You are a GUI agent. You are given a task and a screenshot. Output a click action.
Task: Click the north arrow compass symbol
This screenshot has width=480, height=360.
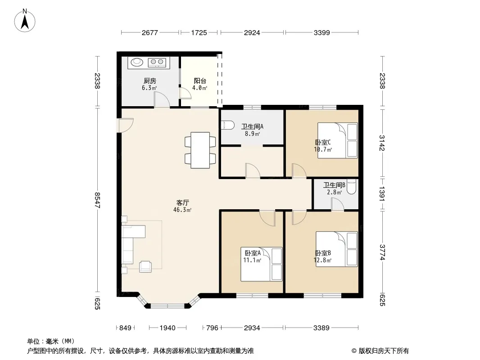pos(25,21)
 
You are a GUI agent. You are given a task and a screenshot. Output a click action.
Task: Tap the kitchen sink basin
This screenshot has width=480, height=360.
pos(137,62)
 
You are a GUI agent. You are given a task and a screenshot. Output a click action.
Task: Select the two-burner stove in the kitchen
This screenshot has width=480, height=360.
pos(157,63)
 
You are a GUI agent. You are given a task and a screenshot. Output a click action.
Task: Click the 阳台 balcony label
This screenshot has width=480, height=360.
pos(200,81)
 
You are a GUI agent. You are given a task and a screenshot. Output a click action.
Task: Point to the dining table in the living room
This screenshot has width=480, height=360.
pos(200,150)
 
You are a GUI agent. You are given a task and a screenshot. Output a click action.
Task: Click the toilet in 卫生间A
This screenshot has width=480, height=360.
pos(227,126)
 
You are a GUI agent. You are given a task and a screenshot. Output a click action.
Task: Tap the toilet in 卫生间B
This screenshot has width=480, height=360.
pos(352,186)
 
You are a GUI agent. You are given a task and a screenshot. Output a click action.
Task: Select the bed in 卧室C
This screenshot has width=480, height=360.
pos(337,140)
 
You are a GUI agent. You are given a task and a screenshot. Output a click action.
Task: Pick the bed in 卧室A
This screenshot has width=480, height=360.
pos(261,264)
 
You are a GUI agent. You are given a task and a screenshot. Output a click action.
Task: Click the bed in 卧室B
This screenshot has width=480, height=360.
pos(336,249)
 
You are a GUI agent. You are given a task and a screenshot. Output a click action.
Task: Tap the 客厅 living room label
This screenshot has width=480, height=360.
pos(182,202)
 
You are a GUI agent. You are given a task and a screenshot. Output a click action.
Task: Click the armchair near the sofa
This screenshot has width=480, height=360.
pos(145,267)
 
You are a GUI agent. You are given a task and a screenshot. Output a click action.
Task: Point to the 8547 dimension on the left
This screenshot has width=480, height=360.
pos(97,200)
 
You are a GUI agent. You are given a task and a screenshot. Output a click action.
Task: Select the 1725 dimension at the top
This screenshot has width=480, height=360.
pos(199,32)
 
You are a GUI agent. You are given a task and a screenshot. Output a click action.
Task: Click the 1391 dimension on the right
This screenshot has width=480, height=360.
pos(382,194)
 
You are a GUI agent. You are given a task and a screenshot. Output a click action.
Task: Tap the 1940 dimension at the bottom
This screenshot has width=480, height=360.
pos(168,328)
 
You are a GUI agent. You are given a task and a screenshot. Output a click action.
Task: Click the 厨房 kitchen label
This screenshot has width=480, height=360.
pos(149,81)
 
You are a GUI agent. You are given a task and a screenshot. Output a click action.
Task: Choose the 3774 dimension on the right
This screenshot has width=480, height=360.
pos(382,252)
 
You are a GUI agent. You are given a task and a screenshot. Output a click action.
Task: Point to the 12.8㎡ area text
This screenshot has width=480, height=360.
pos(323,260)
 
